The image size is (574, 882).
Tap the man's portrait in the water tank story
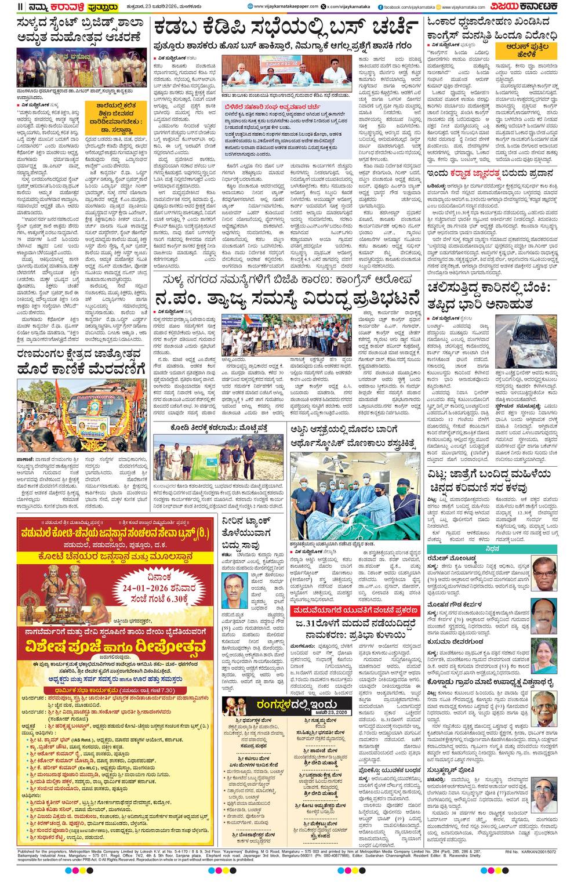click(x=234, y=591)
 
